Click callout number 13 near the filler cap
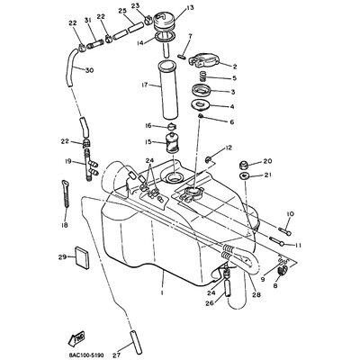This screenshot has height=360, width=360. [x=191, y=7]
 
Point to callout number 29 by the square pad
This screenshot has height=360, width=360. [x=62, y=257]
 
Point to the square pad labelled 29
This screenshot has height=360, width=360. [x=79, y=257]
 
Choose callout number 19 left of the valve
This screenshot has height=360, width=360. [x=67, y=161]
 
